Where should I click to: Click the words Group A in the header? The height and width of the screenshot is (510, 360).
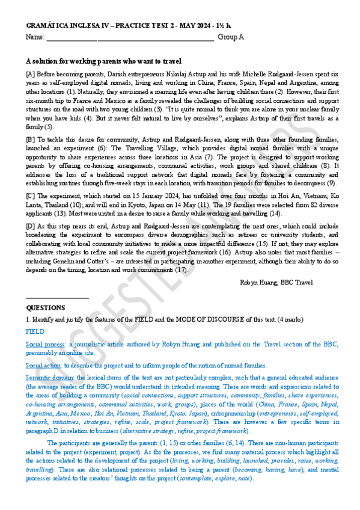230,37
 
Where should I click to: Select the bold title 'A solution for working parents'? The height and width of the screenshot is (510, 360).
104,61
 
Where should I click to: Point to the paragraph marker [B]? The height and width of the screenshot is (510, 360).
31,138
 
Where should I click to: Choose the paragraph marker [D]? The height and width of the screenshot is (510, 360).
31,225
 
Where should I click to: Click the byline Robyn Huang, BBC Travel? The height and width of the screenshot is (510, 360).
276,281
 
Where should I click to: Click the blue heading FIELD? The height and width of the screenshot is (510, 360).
35,331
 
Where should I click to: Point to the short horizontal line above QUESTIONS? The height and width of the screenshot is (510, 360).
58,298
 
